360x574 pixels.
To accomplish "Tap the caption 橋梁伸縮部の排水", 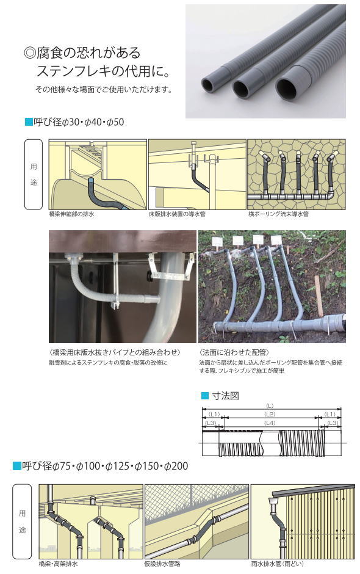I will (71, 215).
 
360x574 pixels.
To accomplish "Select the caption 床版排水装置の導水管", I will (178, 215).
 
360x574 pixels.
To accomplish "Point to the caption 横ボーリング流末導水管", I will (278, 215).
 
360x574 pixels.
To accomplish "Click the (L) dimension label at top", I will (270, 406).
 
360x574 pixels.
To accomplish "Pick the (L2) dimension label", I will (270, 414).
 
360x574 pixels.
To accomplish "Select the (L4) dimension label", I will (270, 423).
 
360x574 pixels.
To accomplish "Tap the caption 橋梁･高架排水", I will (58, 564).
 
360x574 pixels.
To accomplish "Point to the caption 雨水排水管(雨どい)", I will (277, 564).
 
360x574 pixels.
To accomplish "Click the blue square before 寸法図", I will (205, 396).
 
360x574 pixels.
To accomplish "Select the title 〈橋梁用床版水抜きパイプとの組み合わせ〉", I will (115, 353).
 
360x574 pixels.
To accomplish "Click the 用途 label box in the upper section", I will (34, 175).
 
